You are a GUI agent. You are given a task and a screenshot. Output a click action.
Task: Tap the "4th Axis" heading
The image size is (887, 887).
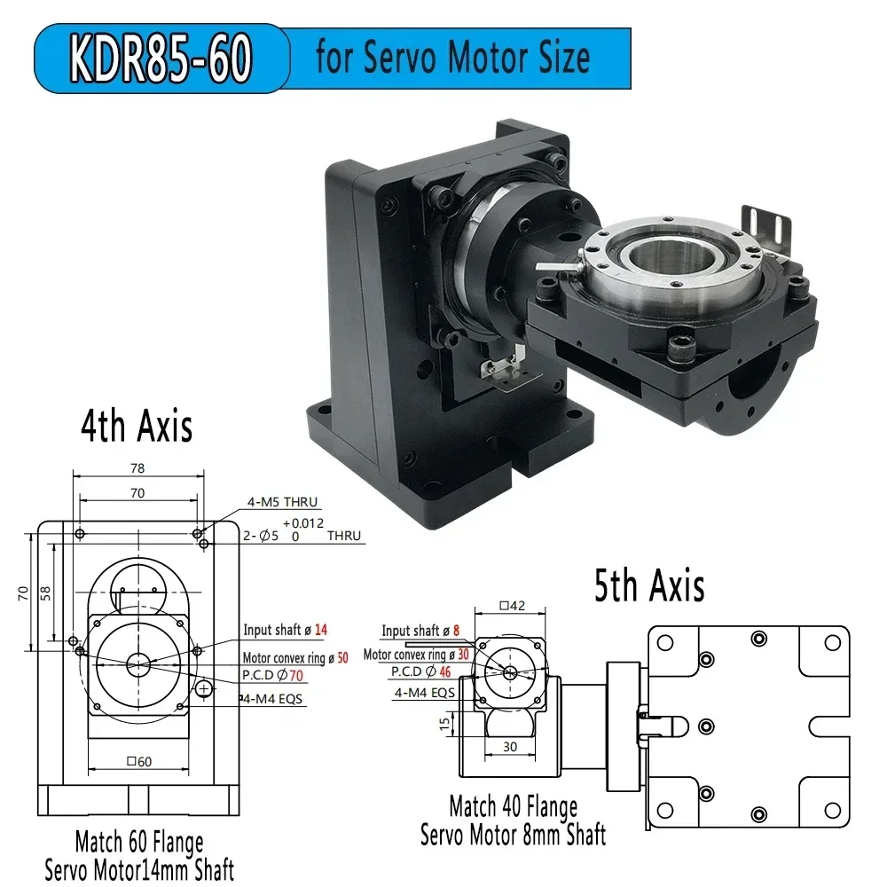137,427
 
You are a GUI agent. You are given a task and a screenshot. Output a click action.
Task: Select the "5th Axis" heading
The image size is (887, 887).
649,586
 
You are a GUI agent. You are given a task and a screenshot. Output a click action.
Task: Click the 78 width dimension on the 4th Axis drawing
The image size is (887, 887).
137,468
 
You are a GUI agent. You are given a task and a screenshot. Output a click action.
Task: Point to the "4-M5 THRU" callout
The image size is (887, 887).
282,503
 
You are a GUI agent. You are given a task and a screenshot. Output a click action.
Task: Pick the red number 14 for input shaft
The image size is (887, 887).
320,630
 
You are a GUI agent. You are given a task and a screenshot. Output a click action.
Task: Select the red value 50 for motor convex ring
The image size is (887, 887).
342,658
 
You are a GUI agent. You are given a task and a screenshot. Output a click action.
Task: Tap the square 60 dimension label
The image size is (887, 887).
139,762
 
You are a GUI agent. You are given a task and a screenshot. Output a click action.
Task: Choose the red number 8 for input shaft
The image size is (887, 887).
456,631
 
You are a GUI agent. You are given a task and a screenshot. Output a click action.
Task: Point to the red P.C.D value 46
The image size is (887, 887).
444,671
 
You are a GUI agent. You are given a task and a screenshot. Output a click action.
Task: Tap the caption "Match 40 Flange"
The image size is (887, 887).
513,807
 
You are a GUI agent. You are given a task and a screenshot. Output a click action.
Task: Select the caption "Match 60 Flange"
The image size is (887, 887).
139,841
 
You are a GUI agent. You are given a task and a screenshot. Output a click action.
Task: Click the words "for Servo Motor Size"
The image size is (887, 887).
452,59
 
